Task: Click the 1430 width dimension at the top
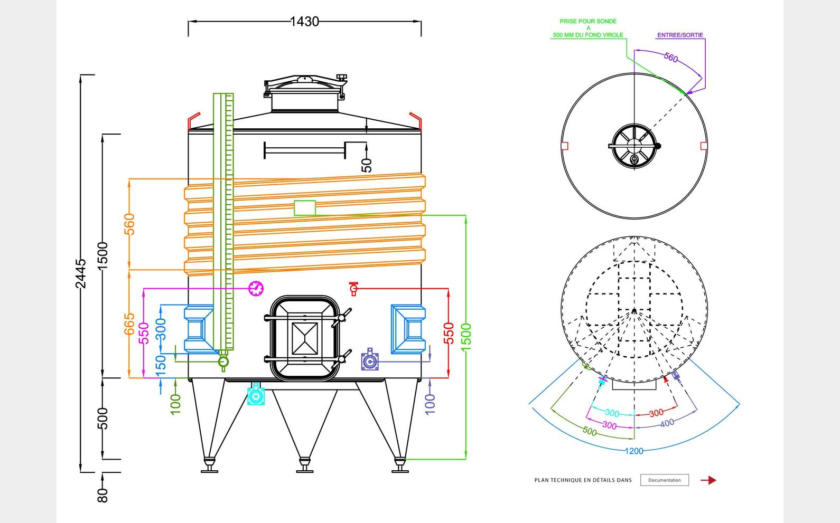(305, 21)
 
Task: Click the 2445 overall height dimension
(81, 273)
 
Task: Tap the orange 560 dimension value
(129, 224)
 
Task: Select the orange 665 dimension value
(129, 324)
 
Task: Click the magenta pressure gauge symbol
(256, 288)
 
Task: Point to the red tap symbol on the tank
(353, 289)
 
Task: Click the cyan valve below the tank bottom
(256, 395)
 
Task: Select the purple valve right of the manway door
(370, 362)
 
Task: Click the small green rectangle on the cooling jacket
(305, 208)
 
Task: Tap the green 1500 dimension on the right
(466, 338)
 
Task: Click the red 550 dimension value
(449, 333)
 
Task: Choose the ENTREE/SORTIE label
(680, 35)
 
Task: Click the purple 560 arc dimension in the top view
(670, 58)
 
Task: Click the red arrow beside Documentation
(708, 480)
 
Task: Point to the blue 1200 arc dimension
(634, 451)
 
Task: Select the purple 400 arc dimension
(667, 423)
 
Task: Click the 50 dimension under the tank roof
(367, 165)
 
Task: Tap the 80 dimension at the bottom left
(103, 495)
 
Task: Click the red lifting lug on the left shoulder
(194, 120)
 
